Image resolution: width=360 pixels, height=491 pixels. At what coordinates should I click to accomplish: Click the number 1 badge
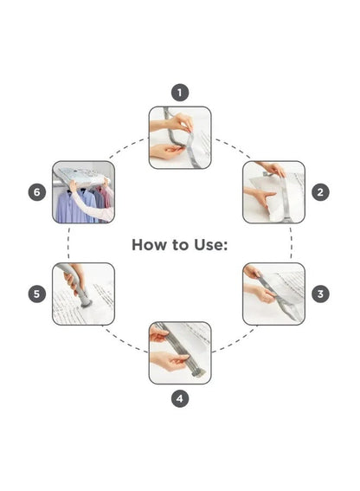coord(180,93)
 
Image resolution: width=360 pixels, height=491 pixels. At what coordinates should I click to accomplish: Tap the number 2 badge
coord(320,192)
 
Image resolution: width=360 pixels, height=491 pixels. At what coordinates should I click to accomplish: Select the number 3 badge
coord(320,294)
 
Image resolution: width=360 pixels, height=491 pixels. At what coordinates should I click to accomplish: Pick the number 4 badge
coord(180,398)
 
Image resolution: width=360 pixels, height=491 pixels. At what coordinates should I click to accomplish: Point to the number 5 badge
coord(37,294)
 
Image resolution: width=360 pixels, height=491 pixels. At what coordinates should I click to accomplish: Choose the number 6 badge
coord(37,192)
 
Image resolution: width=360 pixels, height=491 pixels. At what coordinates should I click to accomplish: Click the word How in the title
coord(149,244)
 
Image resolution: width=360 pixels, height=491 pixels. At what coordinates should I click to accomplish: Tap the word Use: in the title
coord(210,244)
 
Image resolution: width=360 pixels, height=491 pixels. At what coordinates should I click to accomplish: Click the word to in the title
coord(180,245)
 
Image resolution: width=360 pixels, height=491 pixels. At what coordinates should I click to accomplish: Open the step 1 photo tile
coord(180,138)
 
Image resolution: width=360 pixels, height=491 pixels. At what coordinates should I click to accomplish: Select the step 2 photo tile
coord(273,192)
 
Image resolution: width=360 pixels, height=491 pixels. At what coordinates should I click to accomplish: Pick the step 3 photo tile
coord(273,294)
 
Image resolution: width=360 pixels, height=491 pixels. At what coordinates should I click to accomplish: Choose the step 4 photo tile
coord(180,353)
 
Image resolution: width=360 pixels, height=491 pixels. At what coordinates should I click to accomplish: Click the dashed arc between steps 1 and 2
coord(233,147)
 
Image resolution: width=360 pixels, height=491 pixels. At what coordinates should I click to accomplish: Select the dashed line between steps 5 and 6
coord(68,243)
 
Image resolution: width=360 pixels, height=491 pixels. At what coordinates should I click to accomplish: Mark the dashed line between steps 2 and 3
coord(291,243)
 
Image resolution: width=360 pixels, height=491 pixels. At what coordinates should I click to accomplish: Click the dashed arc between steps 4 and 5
coord(125,340)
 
